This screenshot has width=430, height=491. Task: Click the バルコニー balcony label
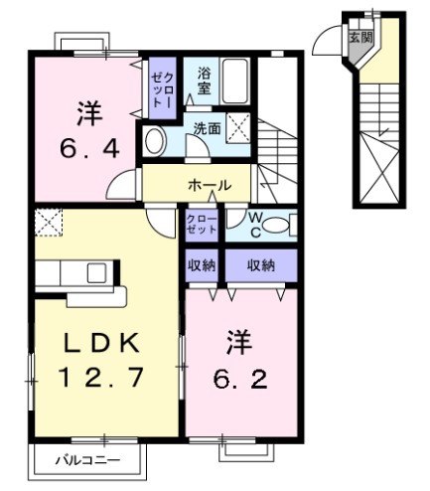(x=87, y=460)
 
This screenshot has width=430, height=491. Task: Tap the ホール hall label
(x=210, y=185)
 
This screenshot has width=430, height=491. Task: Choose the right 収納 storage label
(x=260, y=265)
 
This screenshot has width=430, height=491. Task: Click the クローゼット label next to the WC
(x=202, y=224)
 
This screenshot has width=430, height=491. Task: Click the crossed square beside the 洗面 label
(x=239, y=126)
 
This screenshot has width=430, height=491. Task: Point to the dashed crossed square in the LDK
(x=48, y=223)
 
